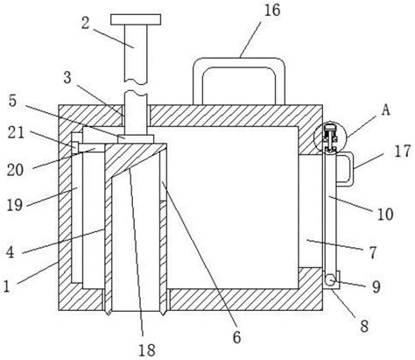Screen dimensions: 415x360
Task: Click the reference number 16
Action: point(272,11)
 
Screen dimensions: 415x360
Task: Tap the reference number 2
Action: point(85,23)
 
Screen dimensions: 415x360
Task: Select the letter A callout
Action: point(386,110)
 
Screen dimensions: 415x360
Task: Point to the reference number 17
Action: point(403,152)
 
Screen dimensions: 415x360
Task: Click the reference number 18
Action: point(146,349)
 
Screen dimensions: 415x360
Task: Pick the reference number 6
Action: point(236,337)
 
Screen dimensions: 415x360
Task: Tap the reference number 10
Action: point(385,214)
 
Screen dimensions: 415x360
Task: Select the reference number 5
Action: point(12,101)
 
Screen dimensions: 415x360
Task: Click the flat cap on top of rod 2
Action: point(136,19)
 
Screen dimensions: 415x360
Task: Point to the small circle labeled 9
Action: point(331,280)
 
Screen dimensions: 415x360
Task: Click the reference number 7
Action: point(373,252)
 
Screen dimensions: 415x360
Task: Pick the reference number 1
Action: point(6,286)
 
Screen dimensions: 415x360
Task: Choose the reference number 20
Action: point(15,170)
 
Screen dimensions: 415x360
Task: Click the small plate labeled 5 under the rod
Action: point(136,138)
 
